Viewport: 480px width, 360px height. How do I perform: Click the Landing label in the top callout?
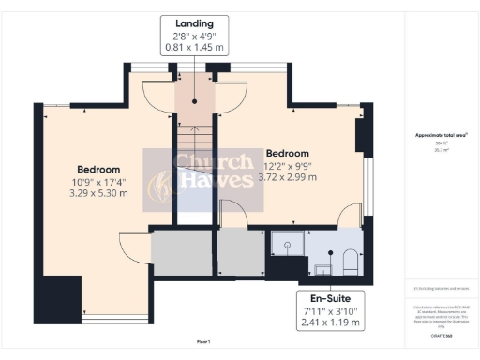pyautogui.click(x=194, y=22)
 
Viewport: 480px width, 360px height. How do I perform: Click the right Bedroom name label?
pyautogui.click(x=287, y=153)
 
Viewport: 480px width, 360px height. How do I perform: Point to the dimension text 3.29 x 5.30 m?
pyautogui.click(x=100, y=192)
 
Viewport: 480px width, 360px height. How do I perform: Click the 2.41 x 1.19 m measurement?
pyautogui.click(x=324, y=323)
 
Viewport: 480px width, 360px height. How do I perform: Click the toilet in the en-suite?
pyautogui.click(x=346, y=257)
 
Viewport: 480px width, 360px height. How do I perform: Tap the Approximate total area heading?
pyautogui.click(x=441, y=135)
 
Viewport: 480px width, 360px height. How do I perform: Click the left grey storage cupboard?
pyautogui.click(x=182, y=252)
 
